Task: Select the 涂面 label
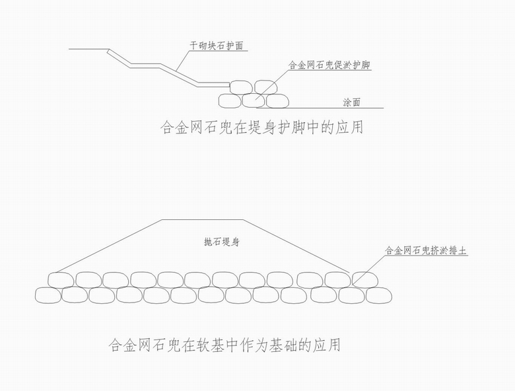351,103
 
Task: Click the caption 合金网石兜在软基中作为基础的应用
224,345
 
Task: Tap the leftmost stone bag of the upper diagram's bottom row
229,100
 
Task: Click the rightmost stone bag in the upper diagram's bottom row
277,100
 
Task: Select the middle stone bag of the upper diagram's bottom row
253,100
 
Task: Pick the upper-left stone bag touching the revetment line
240,87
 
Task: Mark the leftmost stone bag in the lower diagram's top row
61,279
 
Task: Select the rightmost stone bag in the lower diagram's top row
365,279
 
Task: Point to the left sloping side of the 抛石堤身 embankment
106,245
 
